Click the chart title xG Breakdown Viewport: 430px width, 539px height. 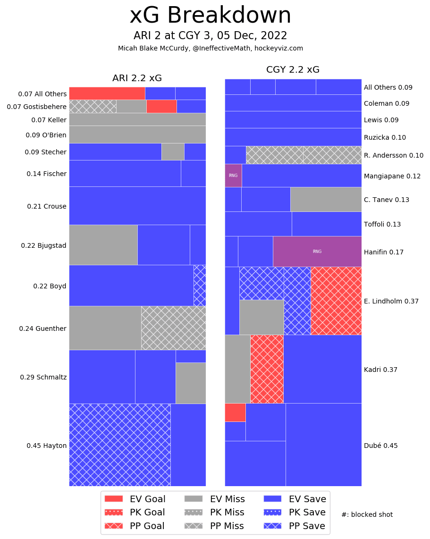(x=210, y=16)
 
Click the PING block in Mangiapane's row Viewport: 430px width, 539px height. (x=233, y=176)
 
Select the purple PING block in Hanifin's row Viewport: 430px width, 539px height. (x=317, y=252)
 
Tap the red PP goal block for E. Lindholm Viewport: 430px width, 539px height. (x=336, y=301)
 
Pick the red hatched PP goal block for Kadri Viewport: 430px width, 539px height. (x=267, y=369)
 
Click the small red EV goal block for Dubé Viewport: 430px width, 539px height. (x=235, y=413)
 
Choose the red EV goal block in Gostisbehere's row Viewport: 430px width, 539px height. (x=161, y=106)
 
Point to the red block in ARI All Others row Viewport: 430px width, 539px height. (x=107, y=93)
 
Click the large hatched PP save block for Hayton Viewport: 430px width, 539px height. (x=119, y=445)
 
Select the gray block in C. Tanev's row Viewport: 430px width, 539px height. (x=326, y=199)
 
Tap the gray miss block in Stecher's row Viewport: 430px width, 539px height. (x=173, y=152)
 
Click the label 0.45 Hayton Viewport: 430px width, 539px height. (x=46, y=446)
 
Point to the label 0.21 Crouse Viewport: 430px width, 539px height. (x=46, y=206)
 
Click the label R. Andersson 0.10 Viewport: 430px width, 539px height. (x=393, y=155)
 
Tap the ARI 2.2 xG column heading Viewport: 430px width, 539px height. (x=137, y=78)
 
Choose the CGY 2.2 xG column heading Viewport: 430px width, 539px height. (x=293, y=70)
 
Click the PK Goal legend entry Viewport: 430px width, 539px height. (x=135, y=513)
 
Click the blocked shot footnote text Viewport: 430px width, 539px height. (x=367, y=514)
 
